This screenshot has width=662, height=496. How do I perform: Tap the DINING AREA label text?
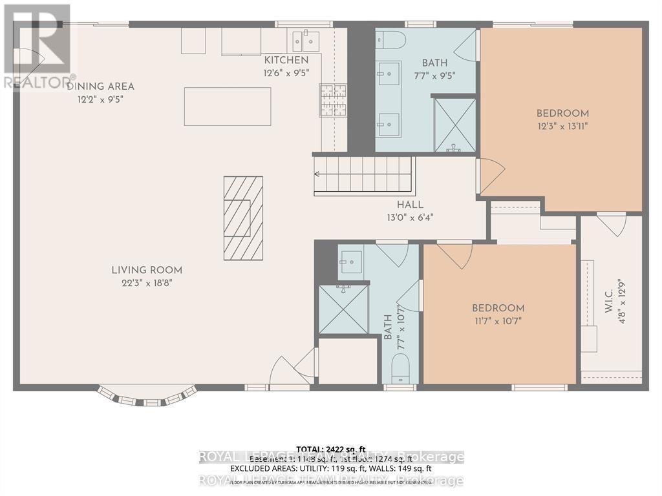tap(100, 87)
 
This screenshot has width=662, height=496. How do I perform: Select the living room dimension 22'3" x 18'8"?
tap(146, 283)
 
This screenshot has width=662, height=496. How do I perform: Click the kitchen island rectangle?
tap(227, 107)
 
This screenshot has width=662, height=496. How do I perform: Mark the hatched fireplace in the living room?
tap(243, 218)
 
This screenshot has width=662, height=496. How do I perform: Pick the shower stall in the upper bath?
tap(454, 125)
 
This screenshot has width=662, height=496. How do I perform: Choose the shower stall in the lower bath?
tap(343, 309)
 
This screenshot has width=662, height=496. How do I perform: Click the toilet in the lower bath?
tap(401, 371)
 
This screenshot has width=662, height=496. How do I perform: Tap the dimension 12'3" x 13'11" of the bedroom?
tap(562, 126)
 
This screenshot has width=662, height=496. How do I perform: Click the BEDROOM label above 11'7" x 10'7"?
tap(498, 308)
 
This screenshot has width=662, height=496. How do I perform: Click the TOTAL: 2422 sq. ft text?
tap(331, 449)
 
